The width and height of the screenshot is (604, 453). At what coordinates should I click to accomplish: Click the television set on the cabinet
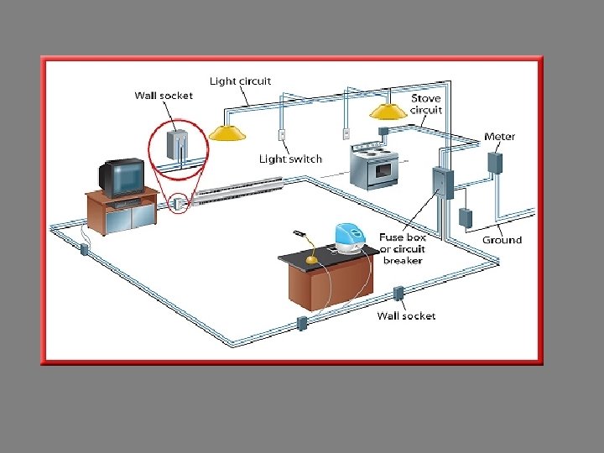click(122, 176)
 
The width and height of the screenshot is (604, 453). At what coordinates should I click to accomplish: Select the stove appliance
click(374, 166)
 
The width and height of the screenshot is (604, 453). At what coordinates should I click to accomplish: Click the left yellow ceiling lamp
click(226, 132)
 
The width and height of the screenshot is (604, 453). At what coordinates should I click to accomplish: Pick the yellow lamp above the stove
click(388, 110)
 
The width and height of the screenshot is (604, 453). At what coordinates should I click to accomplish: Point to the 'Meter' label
click(500, 137)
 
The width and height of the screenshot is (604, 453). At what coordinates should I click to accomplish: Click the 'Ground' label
click(502, 240)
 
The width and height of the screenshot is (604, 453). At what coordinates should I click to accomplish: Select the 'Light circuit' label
click(240, 81)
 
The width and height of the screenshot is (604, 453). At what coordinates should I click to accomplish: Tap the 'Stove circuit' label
click(425, 104)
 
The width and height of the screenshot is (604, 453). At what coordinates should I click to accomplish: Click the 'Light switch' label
click(290, 159)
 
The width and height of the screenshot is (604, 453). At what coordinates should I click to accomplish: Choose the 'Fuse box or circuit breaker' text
click(403, 248)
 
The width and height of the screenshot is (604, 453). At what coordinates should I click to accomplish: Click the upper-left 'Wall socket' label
click(164, 96)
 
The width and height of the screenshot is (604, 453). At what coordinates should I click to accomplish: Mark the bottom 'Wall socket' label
click(406, 316)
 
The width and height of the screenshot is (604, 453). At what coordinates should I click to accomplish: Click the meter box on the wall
click(495, 162)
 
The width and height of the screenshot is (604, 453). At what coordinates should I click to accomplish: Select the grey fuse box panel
click(442, 183)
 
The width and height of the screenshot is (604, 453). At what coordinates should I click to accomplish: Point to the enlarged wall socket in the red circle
click(178, 144)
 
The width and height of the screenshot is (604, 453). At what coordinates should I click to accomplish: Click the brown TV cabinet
click(122, 212)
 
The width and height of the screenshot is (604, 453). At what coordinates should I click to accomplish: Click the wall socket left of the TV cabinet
click(84, 248)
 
